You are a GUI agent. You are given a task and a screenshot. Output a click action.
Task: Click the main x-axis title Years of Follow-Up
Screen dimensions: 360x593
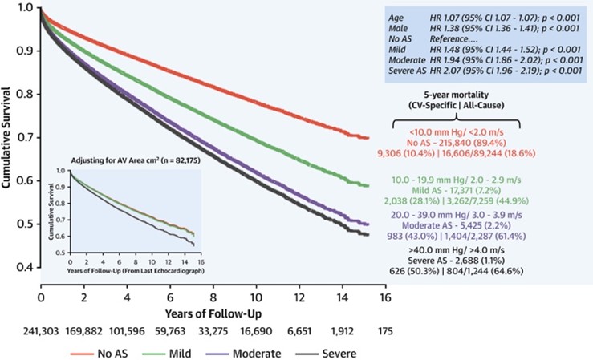[x=214, y=310]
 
